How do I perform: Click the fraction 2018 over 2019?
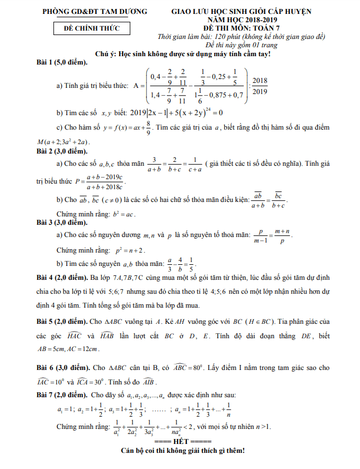(259, 86)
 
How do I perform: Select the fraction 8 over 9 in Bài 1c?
(149, 129)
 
